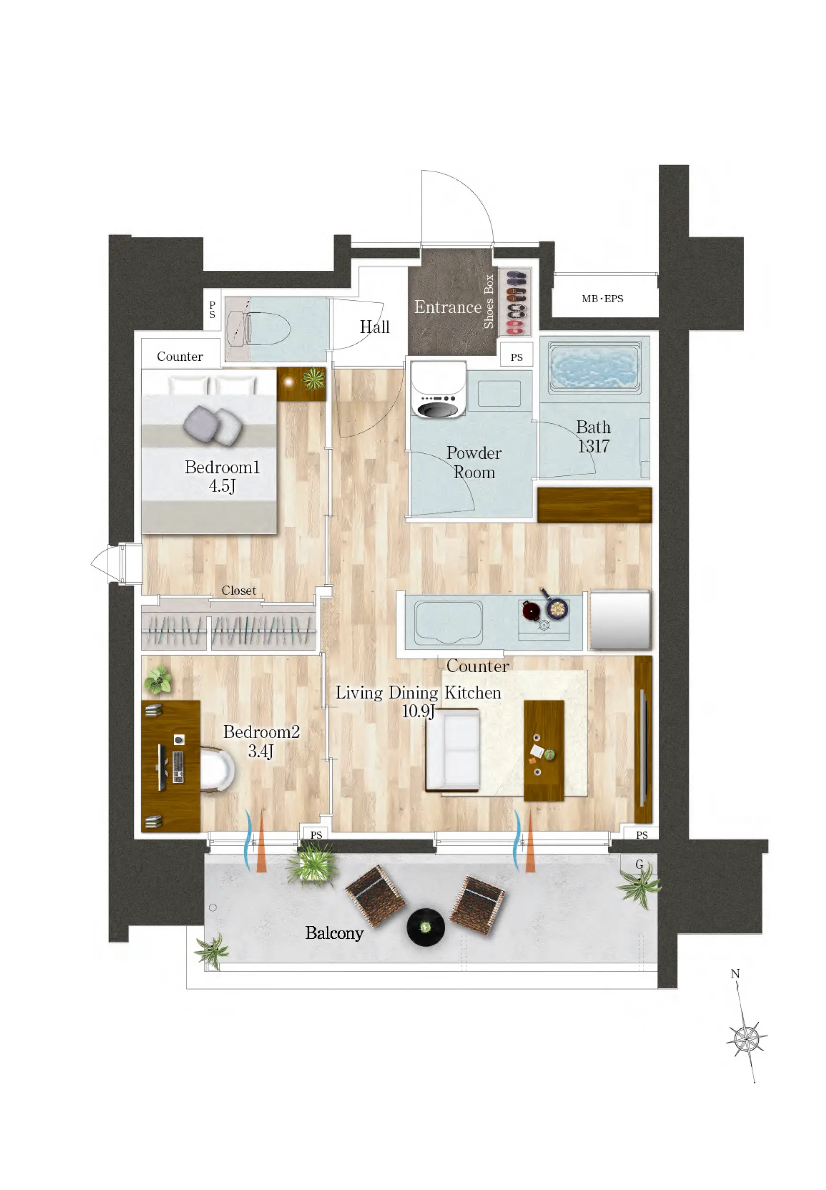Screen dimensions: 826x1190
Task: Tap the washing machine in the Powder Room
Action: pyautogui.click(x=438, y=389)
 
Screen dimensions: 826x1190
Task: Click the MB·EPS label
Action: pyautogui.click(x=602, y=298)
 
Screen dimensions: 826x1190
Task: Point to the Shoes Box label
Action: pyautogui.click(x=489, y=301)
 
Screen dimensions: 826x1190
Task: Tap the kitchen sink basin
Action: pyautogui.click(x=448, y=622)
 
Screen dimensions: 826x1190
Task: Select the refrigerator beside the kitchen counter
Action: pyautogui.click(x=620, y=620)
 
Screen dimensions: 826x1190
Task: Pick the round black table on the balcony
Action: pyautogui.click(x=426, y=926)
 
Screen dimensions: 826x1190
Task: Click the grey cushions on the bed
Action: pyautogui.click(x=213, y=425)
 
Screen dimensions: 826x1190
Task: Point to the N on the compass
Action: pyautogui.click(x=735, y=974)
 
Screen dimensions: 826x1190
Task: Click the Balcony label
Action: pyautogui.click(x=334, y=932)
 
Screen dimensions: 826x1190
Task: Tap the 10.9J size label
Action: pyautogui.click(x=418, y=711)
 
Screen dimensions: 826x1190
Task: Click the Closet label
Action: pyautogui.click(x=239, y=591)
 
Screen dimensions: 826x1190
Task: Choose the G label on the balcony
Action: pyautogui.click(x=639, y=864)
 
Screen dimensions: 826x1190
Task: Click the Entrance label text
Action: pyautogui.click(x=448, y=307)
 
